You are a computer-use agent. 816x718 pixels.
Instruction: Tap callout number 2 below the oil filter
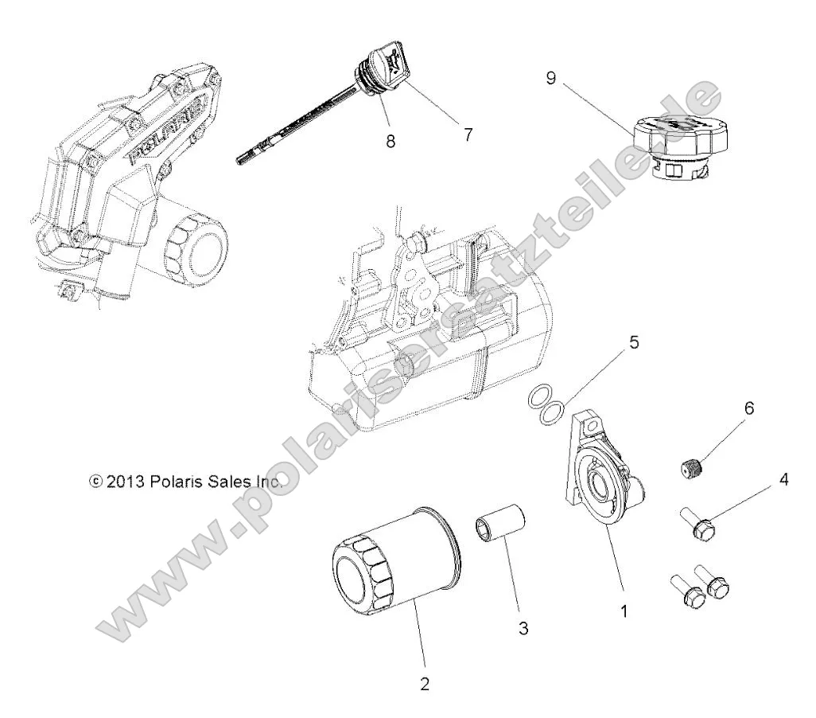[x=424, y=683]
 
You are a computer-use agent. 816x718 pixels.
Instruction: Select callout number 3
[x=523, y=628]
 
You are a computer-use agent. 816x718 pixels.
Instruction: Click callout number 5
[x=634, y=343]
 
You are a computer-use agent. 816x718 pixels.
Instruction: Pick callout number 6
[x=748, y=408]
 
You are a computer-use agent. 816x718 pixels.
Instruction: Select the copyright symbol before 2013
[x=95, y=482]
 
